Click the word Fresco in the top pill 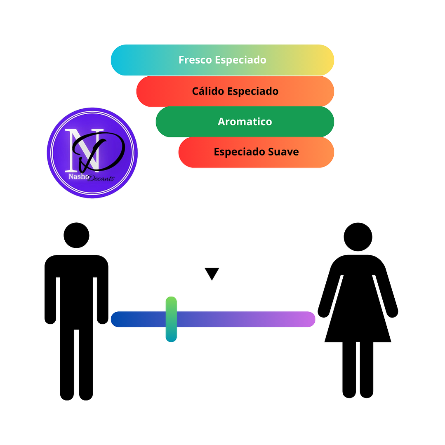point(195,60)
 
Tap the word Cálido point(208,91)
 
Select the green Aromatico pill point(245,122)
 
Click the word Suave point(283,152)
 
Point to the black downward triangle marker point(212,273)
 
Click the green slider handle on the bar point(171,319)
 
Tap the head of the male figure point(76,235)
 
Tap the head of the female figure point(358,237)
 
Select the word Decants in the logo point(101,178)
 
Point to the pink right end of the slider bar point(307,319)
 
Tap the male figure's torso point(76,289)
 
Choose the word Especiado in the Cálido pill point(253,91)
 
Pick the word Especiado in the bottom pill point(240,152)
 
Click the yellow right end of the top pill point(324,60)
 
